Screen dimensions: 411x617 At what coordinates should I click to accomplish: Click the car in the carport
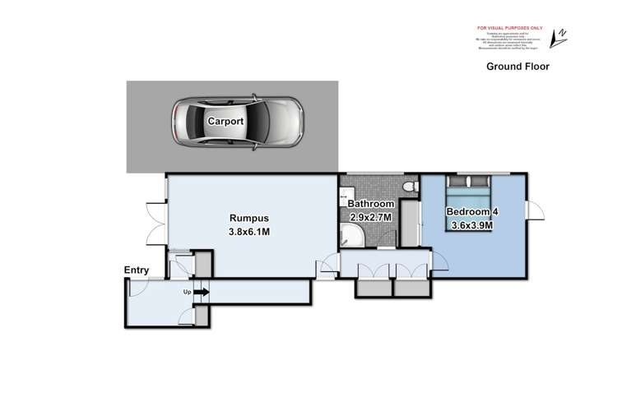236,122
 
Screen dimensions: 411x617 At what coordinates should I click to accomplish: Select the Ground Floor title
517,67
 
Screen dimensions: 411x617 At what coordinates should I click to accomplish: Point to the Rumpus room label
248,218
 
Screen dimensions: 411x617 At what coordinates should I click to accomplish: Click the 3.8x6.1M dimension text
248,232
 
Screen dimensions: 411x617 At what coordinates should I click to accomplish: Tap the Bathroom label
371,204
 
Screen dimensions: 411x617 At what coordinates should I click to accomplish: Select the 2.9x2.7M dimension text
372,217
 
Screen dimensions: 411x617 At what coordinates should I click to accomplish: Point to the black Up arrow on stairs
202,291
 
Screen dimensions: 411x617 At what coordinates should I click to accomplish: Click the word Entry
137,270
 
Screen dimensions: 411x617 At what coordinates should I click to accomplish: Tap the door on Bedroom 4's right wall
536,211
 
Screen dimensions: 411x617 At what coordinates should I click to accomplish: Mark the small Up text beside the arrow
187,291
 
